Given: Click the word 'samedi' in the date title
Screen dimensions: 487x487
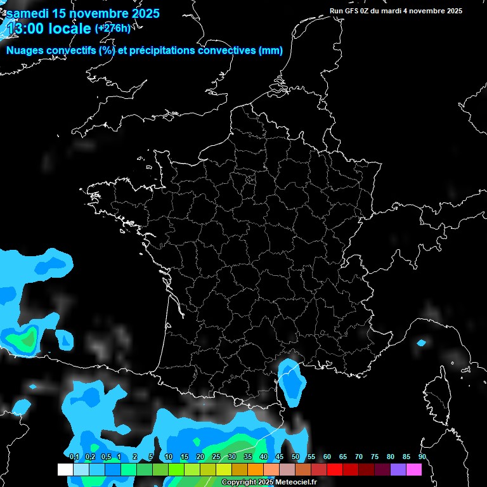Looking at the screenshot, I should tap(29, 13).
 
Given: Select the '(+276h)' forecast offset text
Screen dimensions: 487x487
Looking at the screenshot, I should tap(112, 28).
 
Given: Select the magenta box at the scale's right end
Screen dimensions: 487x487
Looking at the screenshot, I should tap(414, 469).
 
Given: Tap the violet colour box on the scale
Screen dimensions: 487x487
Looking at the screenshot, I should tap(398, 469).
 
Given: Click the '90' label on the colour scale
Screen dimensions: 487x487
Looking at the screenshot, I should tap(422, 457).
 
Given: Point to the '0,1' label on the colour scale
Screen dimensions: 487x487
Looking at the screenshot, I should tap(74, 457).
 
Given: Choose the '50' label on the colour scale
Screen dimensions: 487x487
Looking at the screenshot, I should tap(295, 457).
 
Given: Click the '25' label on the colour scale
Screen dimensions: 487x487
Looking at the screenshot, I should tap(216, 457).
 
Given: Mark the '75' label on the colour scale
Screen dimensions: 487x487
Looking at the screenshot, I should tap(375, 457).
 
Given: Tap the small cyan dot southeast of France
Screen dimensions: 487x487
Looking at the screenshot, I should tap(422, 343).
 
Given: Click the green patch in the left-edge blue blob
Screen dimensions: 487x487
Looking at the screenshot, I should tap(27, 340).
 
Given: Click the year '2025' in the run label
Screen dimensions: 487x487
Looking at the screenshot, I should tap(453, 11).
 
